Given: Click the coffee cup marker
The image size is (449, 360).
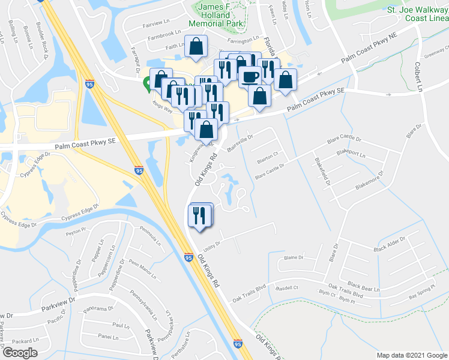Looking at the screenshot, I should pos(249,77).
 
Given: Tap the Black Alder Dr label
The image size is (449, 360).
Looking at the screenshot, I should pos(390,243).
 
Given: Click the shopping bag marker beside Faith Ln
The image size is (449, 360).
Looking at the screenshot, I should pos(196,46).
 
